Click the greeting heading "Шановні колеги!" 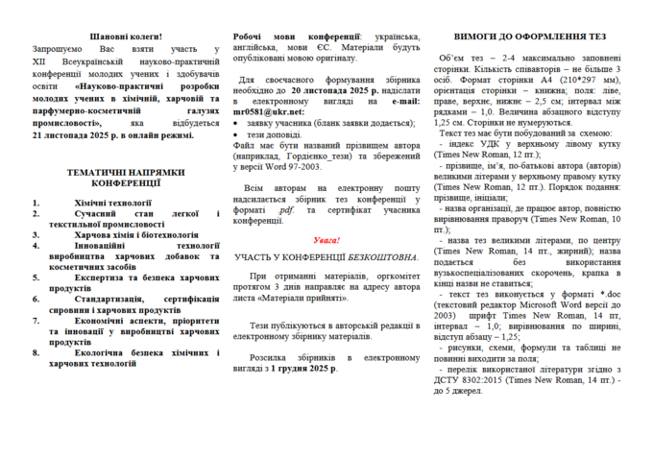(119, 36)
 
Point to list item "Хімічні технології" (114, 204)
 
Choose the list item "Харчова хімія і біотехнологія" (137, 234)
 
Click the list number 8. (36, 352)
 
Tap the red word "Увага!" (326, 239)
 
